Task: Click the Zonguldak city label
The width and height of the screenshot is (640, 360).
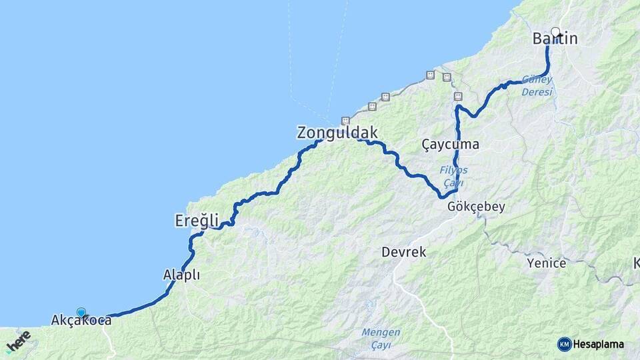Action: tap(337, 133)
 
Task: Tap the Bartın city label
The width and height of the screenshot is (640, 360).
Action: tap(555, 39)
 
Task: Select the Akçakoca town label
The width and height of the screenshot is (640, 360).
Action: tap(81, 321)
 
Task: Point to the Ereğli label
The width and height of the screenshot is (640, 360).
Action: tap(197, 219)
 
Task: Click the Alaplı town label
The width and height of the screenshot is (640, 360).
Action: tap(181, 275)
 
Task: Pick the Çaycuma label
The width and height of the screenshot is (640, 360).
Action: tap(451, 144)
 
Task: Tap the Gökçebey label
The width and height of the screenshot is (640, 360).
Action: tap(477, 207)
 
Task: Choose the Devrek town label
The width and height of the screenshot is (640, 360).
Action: tap(404, 252)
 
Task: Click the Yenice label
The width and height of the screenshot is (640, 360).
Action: tap(546, 263)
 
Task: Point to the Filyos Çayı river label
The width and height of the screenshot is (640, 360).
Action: tap(453, 176)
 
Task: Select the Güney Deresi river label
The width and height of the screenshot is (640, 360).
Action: tap(537, 85)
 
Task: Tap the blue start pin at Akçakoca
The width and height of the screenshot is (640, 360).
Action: tap(81, 312)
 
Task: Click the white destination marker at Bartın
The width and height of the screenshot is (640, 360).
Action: tap(555, 31)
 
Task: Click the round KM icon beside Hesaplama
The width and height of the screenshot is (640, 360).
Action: tap(565, 344)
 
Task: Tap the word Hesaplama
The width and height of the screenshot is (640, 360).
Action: tap(599, 344)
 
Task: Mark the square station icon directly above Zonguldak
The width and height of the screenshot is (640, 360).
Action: tap(345, 121)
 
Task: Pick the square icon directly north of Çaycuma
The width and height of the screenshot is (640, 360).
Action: tap(458, 97)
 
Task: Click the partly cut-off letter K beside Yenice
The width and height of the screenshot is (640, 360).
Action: tap(636, 263)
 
